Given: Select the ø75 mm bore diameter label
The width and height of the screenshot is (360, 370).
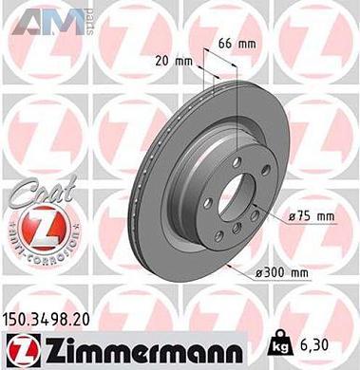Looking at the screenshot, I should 312,217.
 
